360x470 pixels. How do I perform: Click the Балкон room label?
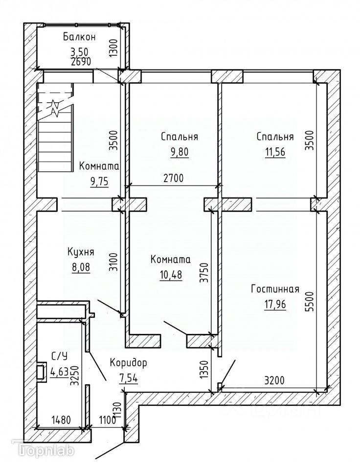pyautogui.click(x=79, y=37)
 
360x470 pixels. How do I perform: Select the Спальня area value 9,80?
pyautogui.click(x=180, y=152)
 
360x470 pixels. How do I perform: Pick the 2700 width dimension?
pyautogui.click(x=173, y=178)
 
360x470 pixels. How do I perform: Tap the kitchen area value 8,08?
pyautogui.click(x=81, y=268)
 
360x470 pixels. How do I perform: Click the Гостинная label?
pyautogui.click(x=275, y=289)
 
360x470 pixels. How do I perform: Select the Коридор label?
pyautogui.click(x=128, y=364)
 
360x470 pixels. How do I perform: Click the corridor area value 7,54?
pyautogui.click(x=128, y=378)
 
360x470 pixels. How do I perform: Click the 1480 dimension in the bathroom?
pyautogui.click(x=61, y=420)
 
